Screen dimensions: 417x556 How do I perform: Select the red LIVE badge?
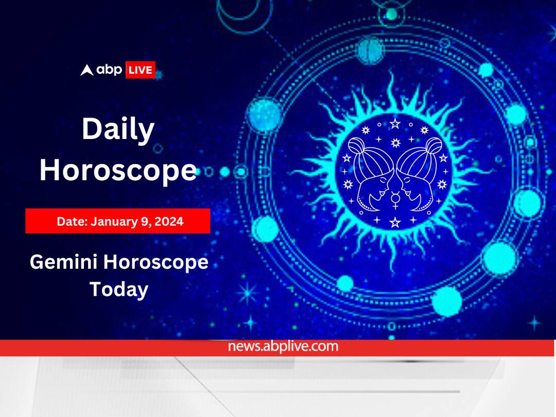point(140,70)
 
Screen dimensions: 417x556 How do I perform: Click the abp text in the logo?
point(109,70)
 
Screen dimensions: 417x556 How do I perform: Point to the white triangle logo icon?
point(87,70)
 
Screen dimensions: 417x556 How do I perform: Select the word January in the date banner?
point(113,221)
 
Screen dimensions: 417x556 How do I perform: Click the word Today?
point(118,289)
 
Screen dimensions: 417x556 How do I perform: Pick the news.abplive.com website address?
point(283,346)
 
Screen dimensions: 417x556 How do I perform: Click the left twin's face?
point(373,185)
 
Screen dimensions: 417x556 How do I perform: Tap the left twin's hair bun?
point(360,146)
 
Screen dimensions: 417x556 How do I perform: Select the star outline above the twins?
point(395,124)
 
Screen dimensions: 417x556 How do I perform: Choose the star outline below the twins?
point(395,222)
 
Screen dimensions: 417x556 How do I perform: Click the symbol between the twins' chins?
point(395,200)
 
